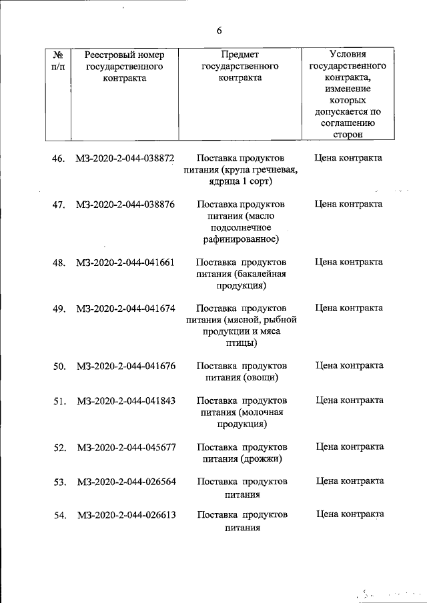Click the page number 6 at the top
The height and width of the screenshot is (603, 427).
(219, 31)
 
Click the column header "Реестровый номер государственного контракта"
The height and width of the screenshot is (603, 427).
(125, 66)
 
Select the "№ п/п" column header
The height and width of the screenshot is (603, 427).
(57, 60)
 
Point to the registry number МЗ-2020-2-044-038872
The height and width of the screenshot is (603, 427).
(125, 159)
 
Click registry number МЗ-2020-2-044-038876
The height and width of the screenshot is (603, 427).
(125, 204)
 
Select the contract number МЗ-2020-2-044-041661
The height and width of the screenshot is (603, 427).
(125, 263)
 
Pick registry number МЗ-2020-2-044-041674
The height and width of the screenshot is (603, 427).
(125, 308)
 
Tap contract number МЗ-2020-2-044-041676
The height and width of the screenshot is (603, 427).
(125, 366)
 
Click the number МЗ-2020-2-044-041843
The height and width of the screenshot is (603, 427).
(125, 400)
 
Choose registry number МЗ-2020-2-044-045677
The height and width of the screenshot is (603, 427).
(125, 447)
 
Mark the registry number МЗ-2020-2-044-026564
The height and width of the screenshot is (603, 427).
(125, 481)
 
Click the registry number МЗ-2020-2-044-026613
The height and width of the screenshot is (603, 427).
(125, 515)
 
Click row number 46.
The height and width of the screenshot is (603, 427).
(59, 159)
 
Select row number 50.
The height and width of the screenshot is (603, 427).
(59, 366)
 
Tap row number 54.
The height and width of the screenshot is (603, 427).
(59, 516)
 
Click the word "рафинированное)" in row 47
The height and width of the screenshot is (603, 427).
(242, 239)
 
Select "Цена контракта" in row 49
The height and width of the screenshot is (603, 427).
(349, 308)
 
